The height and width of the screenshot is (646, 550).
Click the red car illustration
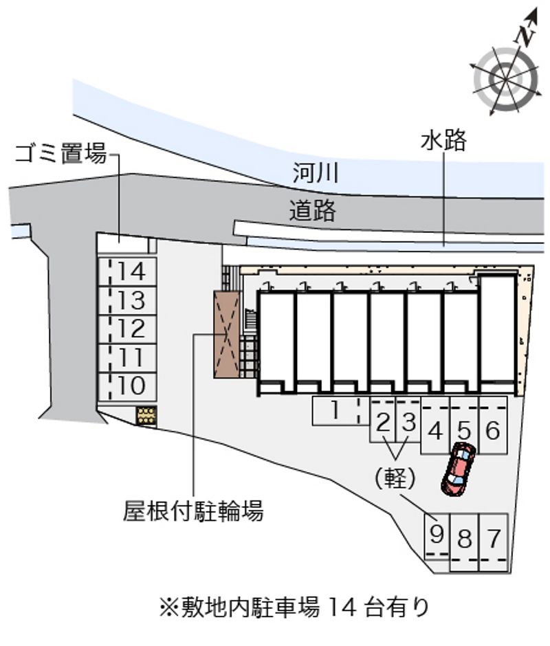click(x=459, y=469)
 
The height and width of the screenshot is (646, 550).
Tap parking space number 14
click(x=127, y=271)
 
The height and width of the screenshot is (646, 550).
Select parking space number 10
click(x=127, y=386)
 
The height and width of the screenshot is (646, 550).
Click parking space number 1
click(x=340, y=410)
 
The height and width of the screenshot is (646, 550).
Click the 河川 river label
click(x=316, y=172)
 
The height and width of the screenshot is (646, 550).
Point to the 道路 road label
click(x=312, y=210)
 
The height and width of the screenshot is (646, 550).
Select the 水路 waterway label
click(x=443, y=140)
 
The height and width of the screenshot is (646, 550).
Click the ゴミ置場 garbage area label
click(x=61, y=153)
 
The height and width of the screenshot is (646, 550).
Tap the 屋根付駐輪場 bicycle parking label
click(x=193, y=511)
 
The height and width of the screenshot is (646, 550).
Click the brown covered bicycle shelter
click(x=227, y=334)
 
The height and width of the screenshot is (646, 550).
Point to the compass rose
click(x=505, y=79)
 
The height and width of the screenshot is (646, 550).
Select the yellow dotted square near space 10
click(x=147, y=416)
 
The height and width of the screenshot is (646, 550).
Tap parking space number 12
click(x=127, y=329)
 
